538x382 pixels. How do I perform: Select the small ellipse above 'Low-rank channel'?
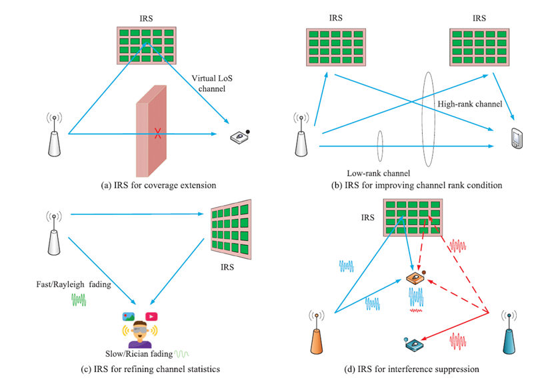tap(379, 143)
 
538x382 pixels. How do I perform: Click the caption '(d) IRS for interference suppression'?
tap(409, 368)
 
